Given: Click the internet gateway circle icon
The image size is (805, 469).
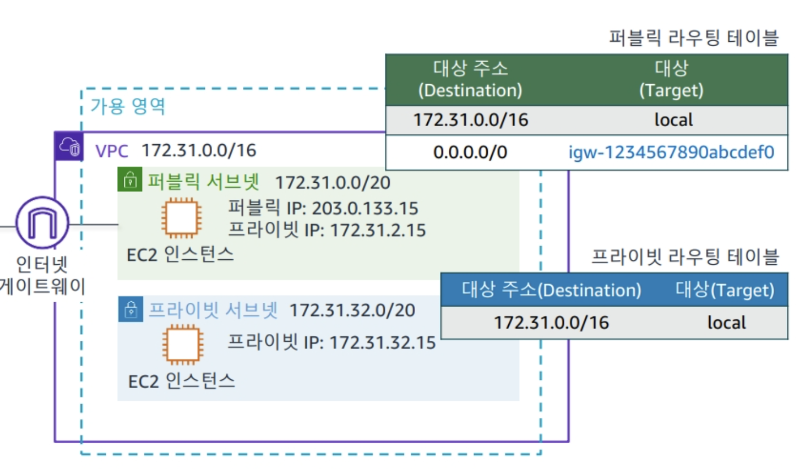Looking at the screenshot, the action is click(x=42, y=223).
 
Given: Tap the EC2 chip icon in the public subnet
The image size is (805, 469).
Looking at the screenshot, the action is click(x=181, y=218).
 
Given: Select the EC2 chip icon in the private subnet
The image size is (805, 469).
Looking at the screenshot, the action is click(x=182, y=345).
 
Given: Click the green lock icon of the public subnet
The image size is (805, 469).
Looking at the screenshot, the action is click(x=130, y=180).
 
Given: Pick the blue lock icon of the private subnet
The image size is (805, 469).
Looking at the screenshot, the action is click(x=131, y=309).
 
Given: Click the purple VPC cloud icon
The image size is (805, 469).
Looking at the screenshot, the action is click(x=69, y=147).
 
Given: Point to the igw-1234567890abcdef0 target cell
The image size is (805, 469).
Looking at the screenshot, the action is click(x=671, y=152).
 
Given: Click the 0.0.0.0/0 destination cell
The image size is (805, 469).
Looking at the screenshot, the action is click(x=470, y=152).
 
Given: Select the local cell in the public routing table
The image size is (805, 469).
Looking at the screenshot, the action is click(x=673, y=120).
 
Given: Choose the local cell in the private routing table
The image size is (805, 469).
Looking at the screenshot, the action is click(x=726, y=323).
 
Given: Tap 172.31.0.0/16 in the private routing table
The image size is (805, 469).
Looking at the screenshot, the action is click(x=551, y=323).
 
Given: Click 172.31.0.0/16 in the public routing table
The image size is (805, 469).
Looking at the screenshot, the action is click(x=471, y=120).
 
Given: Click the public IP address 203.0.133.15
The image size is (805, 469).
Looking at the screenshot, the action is click(x=365, y=208).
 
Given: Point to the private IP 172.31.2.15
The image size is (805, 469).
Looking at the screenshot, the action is click(x=378, y=230).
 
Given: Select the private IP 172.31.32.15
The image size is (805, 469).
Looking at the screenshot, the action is click(x=383, y=343).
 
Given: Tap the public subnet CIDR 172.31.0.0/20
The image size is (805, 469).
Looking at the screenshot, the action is click(x=333, y=182).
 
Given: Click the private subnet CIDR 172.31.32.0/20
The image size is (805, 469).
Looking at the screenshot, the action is click(x=352, y=310).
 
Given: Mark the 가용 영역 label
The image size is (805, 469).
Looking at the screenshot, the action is click(x=128, y=106).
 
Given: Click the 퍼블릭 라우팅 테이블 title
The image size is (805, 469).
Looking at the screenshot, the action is click(x=693, y=38).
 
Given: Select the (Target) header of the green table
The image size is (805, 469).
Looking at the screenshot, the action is click(x=671, y=90).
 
